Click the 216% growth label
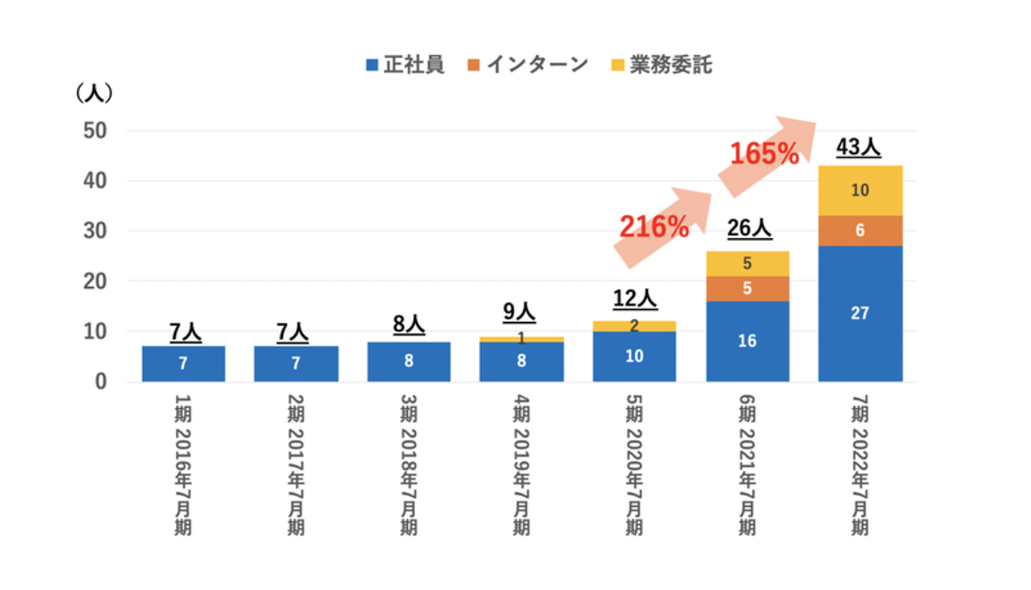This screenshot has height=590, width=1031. (x=654, y=226)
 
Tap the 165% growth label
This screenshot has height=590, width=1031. (x=764, y=154)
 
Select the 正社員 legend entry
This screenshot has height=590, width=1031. (x=405, y=65)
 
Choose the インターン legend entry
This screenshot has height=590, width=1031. (x=528, y=65)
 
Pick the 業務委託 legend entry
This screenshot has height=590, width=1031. (x=662, y=65)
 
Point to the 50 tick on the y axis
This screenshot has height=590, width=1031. (x=95, y=131)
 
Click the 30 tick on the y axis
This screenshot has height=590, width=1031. (x=95, y=231)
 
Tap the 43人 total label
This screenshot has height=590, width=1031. (x=859, y=148)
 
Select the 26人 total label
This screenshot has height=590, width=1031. (x=748, y=228)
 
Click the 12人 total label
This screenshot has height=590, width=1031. (x=635, y=299)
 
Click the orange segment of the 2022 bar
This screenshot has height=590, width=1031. (x=861, y=231)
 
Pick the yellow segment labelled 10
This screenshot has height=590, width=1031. (x=861, y=190)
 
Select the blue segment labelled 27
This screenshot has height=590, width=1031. (x=861, y=313)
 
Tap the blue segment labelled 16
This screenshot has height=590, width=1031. (x=748, y=341)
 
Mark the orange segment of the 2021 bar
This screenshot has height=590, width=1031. (x=748, y=289)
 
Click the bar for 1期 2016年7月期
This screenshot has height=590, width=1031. (x=183, y=363)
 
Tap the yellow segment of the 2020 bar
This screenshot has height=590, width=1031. (x=635, y=326)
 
